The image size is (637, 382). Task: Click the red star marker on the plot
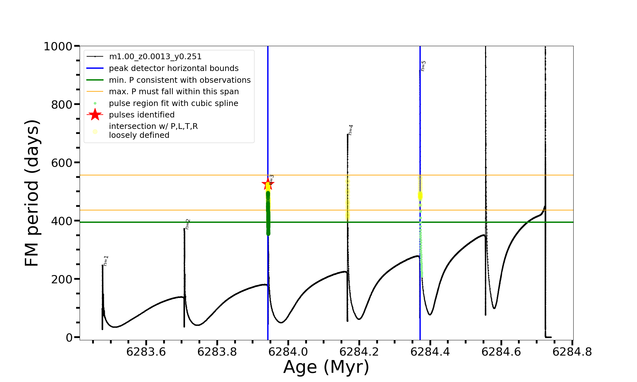click(x=268, y=184)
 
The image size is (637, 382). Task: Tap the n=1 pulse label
click(x=106, y=261)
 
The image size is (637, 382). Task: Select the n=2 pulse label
click(x=188, y=224)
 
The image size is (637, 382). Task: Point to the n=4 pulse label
click(x=351, y=130)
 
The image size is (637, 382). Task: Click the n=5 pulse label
click(x=423, y=66)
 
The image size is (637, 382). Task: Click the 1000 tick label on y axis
click(x=58, y=46)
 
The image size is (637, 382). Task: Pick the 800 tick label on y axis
click(x=62, y=104)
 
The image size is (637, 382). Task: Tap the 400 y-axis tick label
click(x=62, y=221)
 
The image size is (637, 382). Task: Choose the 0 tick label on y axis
click(x=69, y=337)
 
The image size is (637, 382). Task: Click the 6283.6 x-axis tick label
click(x=146, y=352)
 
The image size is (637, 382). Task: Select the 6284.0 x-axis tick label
click(x=288, y=352)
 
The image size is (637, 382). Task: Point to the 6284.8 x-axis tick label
click(x=572, y=352)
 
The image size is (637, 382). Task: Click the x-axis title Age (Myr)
click(x=326, y=367)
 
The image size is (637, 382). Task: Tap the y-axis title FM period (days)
click(x=32, y=193)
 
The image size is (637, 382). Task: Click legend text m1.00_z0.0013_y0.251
click(x=155, y=57)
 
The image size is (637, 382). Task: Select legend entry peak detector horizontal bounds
click(x=174, y=68)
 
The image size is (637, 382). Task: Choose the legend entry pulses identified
click(x=142, y=115)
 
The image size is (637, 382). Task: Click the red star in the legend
click(x=95, y=115)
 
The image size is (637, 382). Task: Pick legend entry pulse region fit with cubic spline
click(x=174, y=103)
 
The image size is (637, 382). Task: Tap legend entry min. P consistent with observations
click(x=180, y=80)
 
